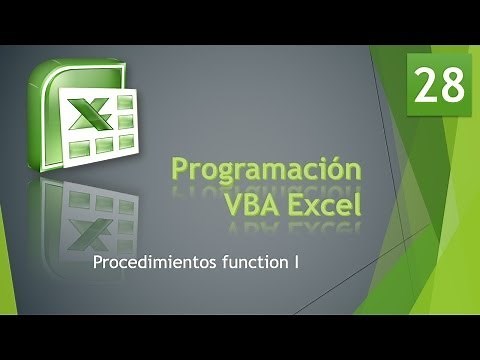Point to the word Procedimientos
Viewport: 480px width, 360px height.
[x=150, y=264]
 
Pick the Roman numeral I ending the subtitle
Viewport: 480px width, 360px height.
[x=297, y=264]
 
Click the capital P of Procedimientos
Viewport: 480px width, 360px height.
[x=96, y=264]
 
